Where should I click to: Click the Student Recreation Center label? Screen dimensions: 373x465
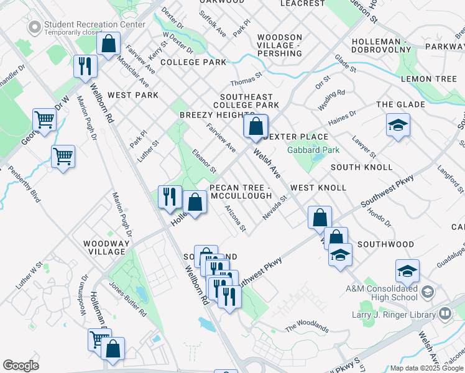point(94,25)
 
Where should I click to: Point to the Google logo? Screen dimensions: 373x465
point(21,366)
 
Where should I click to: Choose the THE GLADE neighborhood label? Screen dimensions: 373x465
point(400,104)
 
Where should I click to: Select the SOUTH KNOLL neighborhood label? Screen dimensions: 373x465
point(361,167)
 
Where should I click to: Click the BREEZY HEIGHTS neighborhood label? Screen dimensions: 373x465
point(214,115)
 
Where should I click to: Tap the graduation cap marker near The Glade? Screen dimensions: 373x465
point(398,126)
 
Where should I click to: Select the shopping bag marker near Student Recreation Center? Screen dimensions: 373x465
point(108,44)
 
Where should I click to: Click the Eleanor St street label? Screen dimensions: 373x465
point(204,161)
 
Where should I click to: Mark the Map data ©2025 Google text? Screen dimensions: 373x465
point(426,368)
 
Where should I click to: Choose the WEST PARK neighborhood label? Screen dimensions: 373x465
point(133,95)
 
